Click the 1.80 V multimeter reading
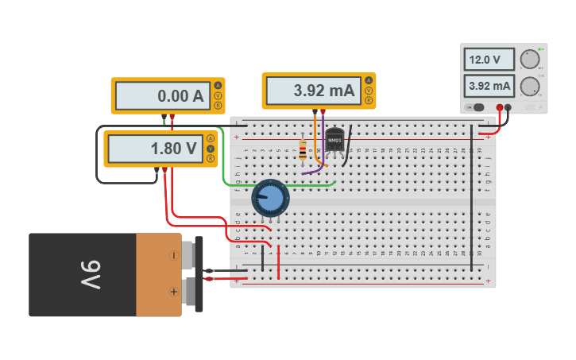click(155, 149)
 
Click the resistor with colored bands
click(303, 149)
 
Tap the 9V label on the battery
click(90, 275)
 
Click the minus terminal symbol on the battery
click(173, 256)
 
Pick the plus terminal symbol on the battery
click(173, 292)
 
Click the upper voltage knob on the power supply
click(529, 60)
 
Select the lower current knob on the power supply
click(529, 86)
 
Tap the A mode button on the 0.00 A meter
click(218, 86)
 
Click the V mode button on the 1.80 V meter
click(211, 149)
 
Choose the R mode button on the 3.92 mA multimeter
click(369, 100)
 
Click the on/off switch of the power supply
click(477, 107)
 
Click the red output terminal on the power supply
click(500, 107)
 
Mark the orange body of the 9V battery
click(158, 274)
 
